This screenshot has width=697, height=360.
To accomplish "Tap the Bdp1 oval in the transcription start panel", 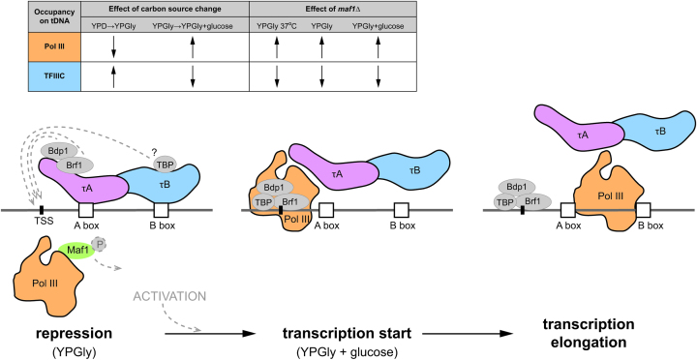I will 274,186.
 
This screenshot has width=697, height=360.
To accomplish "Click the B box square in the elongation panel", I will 643,209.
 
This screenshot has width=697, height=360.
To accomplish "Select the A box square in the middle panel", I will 326,209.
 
